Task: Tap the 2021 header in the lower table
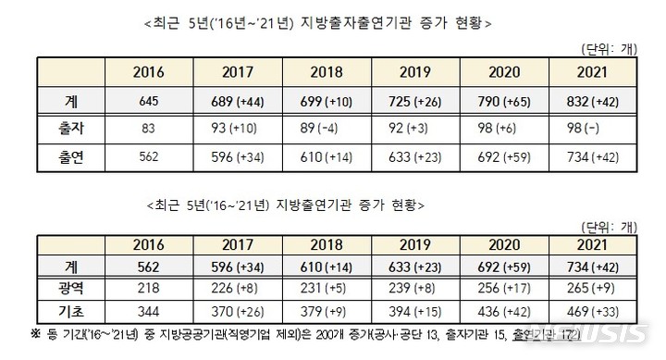(x=590, y=245)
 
